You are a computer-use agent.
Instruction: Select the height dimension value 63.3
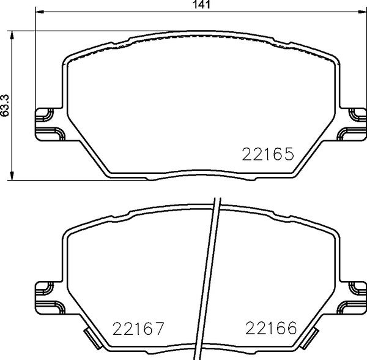(6, 105)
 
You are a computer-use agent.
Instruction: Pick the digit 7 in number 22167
(161, 329)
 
